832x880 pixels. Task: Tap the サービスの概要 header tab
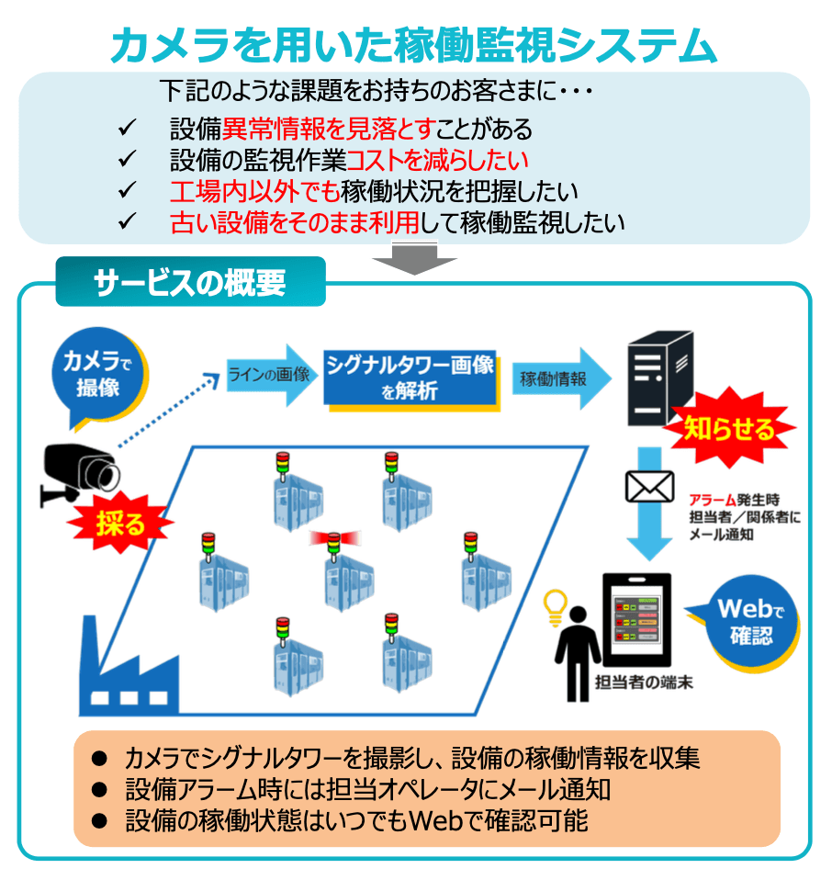pyautogui.click(x=190, y=282)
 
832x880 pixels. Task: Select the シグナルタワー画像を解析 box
pyautogui.click(x=410, y=378)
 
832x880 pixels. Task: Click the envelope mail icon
pyautogui.click(x=649, y=486)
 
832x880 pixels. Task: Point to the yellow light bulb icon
pyautogui.click(x=555, y=606)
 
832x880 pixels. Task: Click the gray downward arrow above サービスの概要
pyautogui.click(x=415, y=257)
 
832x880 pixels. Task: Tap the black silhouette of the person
pyautogui.click(x=578, y=649)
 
